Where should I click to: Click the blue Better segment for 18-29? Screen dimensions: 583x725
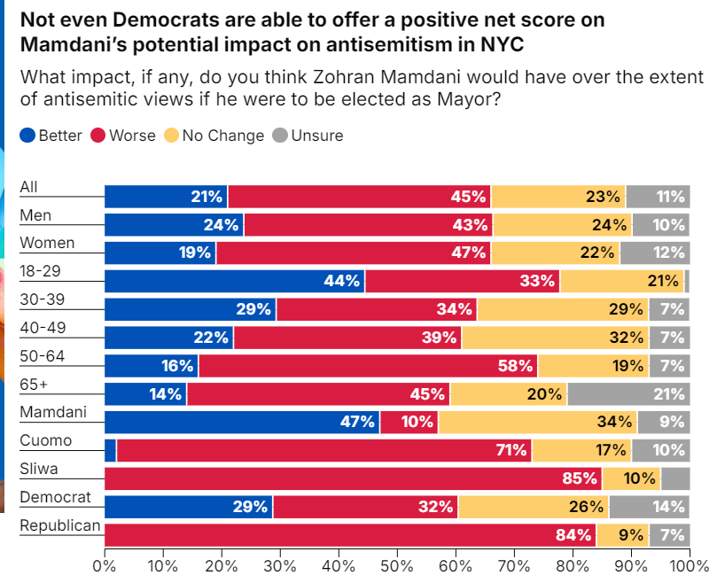tap(235, 281)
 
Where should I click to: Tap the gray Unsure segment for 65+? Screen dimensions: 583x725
tap(628, 394)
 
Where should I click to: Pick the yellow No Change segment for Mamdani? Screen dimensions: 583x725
tap(537, 422)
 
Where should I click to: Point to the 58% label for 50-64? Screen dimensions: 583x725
tap(518, 366)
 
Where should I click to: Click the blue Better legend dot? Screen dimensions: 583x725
tap(27, 136)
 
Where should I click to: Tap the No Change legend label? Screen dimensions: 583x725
tap(223, 136)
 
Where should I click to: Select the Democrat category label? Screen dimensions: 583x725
tap(50, 498)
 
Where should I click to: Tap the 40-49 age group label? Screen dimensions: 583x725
tap(43, 328)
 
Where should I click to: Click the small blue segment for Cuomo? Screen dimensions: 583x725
tap(111, 451)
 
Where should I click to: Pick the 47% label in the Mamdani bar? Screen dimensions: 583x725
tap(358, 422)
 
